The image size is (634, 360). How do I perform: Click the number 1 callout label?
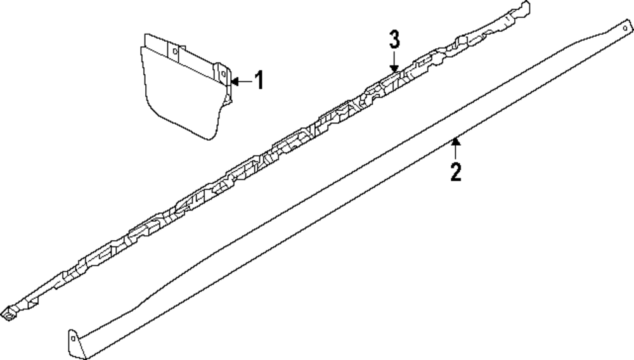(x=259, y=80)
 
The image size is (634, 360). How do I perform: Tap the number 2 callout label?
(x=456, y=171)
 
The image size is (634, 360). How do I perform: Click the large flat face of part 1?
(x=181, y=95)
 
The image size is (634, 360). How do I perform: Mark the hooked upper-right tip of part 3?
(x=524, y=8)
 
